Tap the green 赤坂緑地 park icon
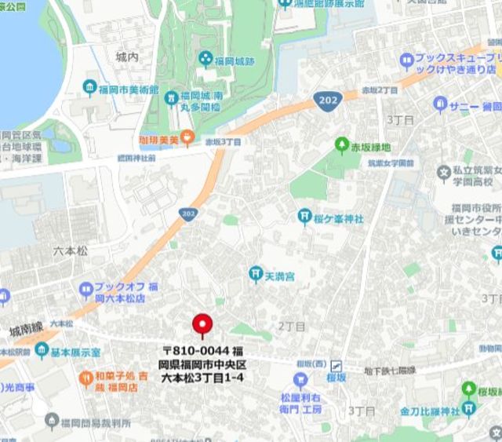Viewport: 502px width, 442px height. click(x=341, y=145)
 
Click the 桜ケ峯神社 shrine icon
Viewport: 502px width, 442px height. click(x=304, y=217)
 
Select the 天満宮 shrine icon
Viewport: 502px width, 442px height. click(x=255, y=273)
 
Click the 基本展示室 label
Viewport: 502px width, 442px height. click(x=78, y=352)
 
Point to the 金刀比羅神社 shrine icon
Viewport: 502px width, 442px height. click(x=469, y=409)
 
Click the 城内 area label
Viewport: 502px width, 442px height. click(x=126, y=57)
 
